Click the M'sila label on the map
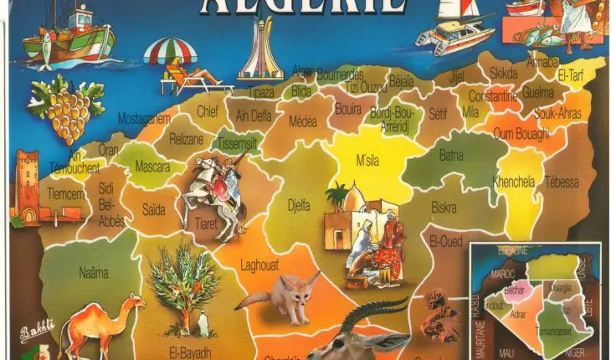click(x=366, y=160)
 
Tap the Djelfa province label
click(x=298, y=203)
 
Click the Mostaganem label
click(x=144, y=119)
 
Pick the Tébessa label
click(x=561, y=182)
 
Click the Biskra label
click(x=444, y=207)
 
